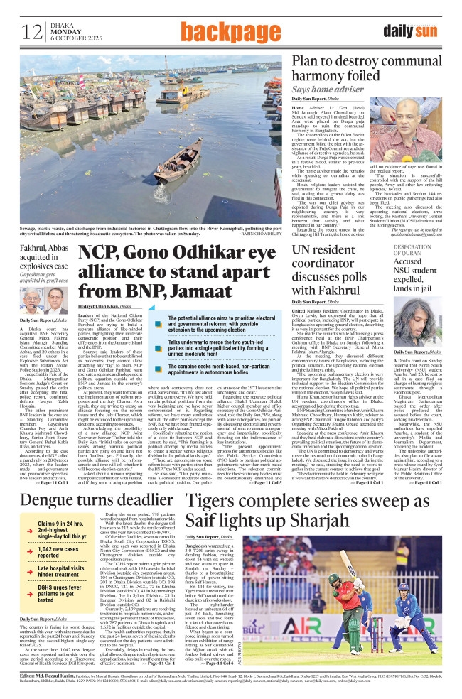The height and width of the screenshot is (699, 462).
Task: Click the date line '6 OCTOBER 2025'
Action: pos(73,38)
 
